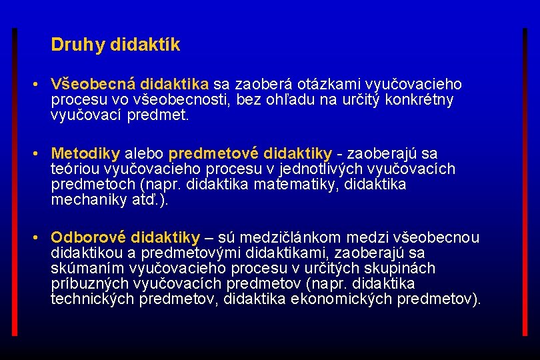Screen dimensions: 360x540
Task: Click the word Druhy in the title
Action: click(x=69, y=45)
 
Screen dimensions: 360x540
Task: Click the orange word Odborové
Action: click(x=89, y=238)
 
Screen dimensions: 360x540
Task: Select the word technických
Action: click(x=93, y=299)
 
